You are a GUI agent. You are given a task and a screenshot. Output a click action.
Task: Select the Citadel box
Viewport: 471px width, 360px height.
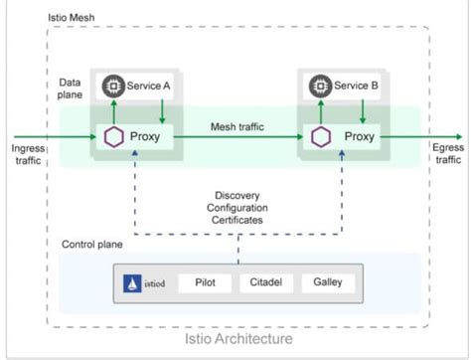[265, 282]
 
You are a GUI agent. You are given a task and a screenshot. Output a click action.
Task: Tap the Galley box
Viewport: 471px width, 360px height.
[327, 282]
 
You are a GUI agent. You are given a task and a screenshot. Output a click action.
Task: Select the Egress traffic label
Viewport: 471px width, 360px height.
[448, 153]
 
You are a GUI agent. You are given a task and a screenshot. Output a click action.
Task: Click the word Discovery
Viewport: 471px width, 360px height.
[238, 195]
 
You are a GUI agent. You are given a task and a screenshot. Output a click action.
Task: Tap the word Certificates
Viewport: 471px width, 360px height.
[238, 220]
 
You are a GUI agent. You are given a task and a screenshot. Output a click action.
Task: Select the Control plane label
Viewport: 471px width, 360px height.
[92, 244]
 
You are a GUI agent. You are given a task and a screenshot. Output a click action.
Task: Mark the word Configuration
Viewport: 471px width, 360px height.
[238, 207]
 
